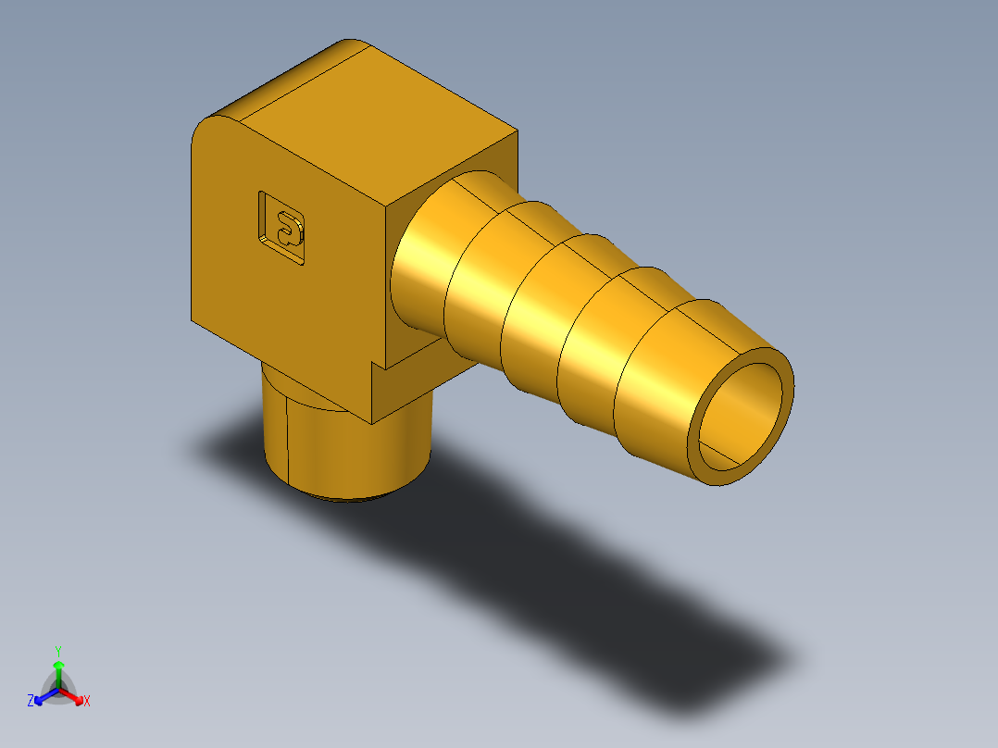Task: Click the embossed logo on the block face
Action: pos(282,227)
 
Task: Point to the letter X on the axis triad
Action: pos(87,702)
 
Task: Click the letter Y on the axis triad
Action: pos(57,651)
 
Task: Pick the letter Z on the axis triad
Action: pos(31,702)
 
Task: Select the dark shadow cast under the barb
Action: pos(555,555)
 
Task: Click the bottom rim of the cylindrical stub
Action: pos(352,498)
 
